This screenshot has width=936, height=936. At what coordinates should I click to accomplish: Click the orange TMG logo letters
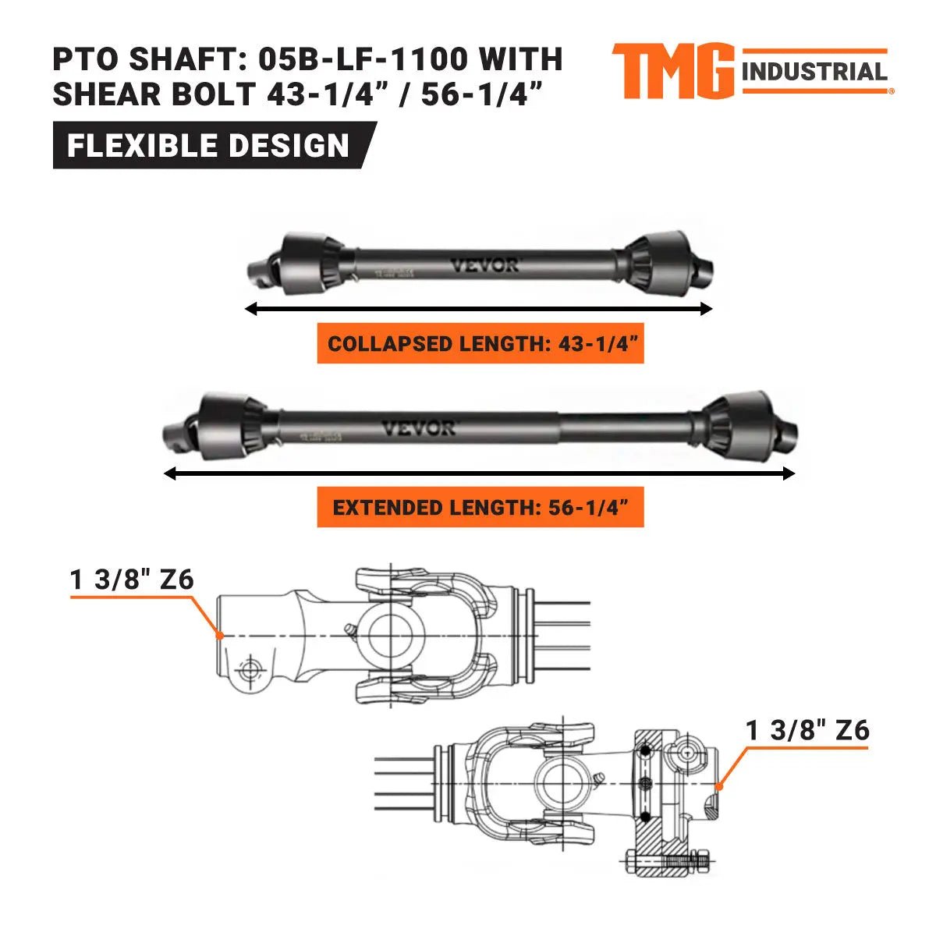tap(672, 72)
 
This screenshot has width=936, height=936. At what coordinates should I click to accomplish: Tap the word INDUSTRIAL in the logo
tap(815, 73)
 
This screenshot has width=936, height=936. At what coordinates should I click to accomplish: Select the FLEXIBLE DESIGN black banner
tap(209, 146)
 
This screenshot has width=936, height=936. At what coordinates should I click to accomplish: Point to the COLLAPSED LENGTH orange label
tap(480, 344)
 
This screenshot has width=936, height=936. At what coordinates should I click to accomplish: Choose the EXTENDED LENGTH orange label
tap(480, 508)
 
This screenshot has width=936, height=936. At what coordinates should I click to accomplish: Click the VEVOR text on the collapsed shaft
tap(484, 266)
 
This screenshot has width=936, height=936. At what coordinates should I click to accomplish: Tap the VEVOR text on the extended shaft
tap(419, 429)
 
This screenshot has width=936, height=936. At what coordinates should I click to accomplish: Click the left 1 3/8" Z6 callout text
tap(132, 580)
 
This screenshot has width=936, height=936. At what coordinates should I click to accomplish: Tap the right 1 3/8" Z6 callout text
tap(807, 731)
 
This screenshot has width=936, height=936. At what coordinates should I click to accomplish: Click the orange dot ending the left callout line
tap(221, 636)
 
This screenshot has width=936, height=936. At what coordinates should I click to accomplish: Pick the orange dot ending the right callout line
tap(719, 785)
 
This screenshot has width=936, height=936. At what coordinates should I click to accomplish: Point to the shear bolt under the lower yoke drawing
tap(667, 861)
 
